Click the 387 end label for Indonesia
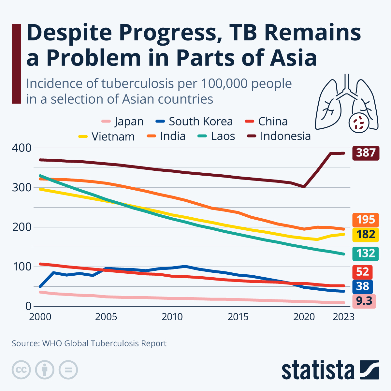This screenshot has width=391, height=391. pyautogui.click(x=366, y=153)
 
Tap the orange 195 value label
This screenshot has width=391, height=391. pyautogui.click(x=366, y=220)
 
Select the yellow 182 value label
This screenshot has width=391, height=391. pyautogui.click(x=366, y=235)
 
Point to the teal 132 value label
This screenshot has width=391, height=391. pyautogui.click(x=366, y=253)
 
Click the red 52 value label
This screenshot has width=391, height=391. pyautogui.click(x=363, y=272)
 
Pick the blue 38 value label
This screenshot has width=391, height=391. pyautogui.click(x=363, y=286)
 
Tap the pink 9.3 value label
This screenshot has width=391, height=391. pyautogui.click(x=364, y=301)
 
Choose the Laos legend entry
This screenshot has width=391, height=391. pyautogui.click(x=216, y=136)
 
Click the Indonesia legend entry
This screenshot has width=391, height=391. pyautogui.click(x=279, y=136)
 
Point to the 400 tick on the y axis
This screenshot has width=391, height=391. pyautogui.click(x=22, y=148)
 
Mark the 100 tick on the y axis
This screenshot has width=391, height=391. pyautogui.click(x=22, y=267)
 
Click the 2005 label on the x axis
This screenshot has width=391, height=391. pyautogui.click(x=106, y=317)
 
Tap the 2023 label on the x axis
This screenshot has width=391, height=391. pyautogui.click(x=343, y=317)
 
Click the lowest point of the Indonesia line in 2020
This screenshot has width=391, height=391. pyautogui.click(x=304, y=187)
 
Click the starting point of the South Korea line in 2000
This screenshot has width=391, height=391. pyautogui.click(x=40, y=286)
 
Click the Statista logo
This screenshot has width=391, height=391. pyautogui.click(x=330, y=370)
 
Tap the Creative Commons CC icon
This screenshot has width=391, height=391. pyautogui.click(x=21, y=370)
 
